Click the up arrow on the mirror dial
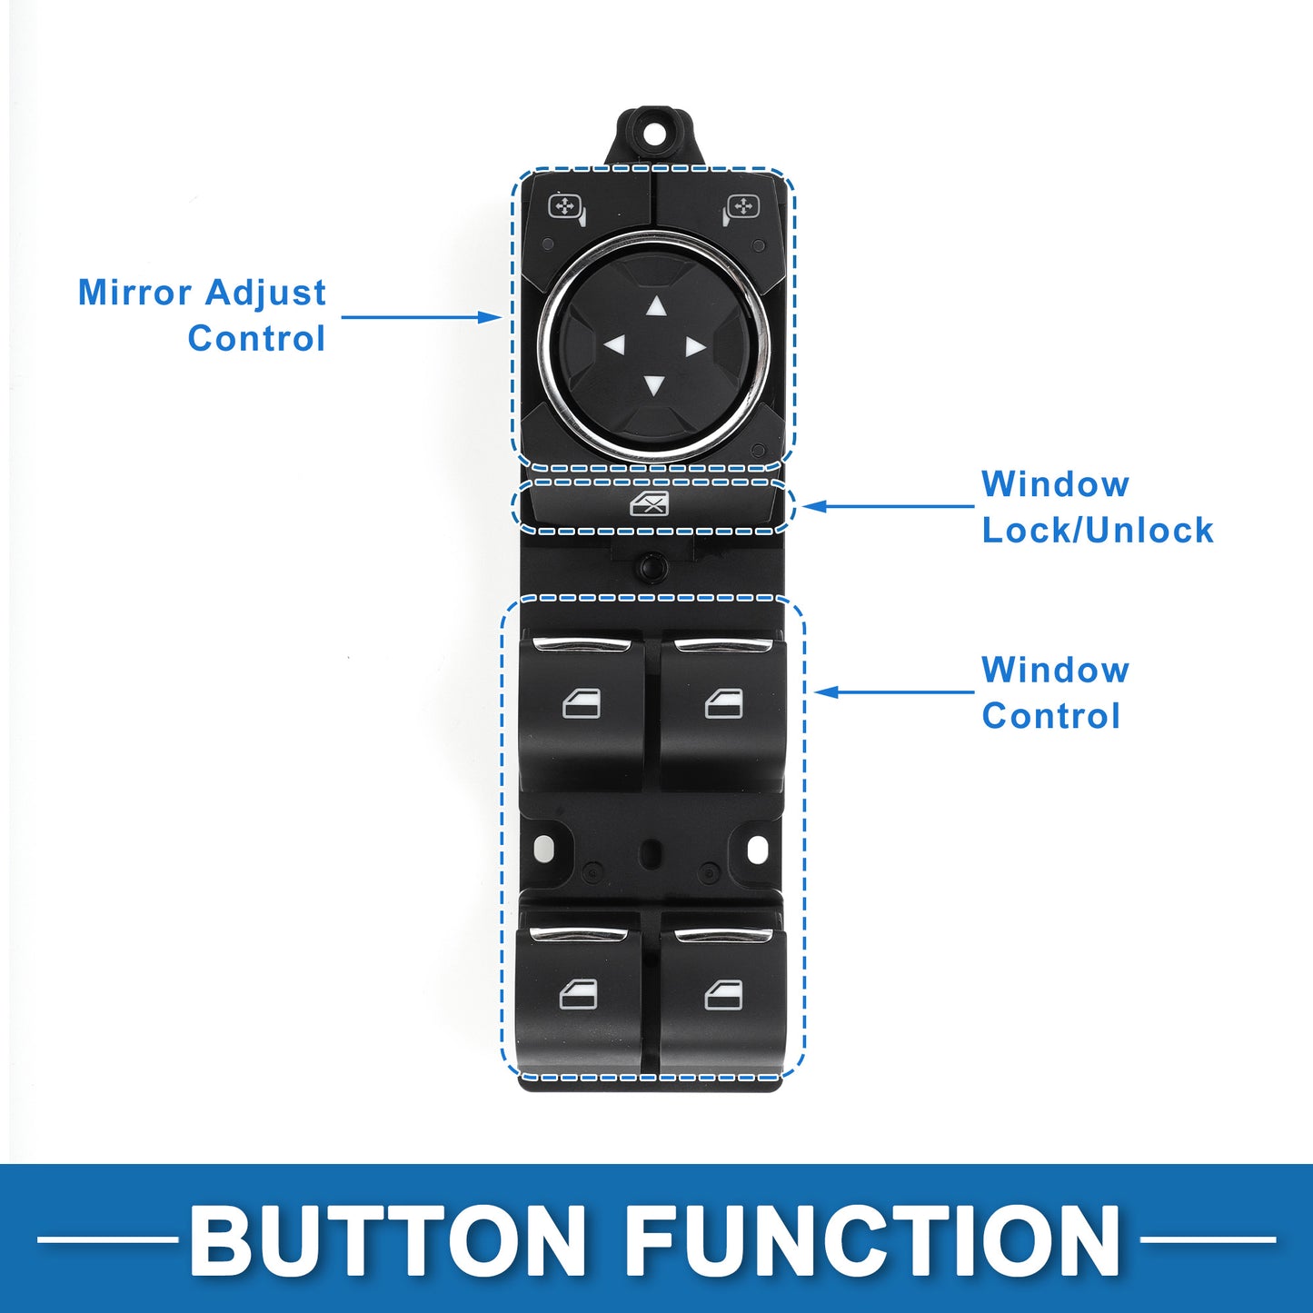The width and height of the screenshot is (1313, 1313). pyautogui.click(x=655, y=307)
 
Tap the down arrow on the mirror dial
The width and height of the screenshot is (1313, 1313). pyautogui.click(x=653, y=385)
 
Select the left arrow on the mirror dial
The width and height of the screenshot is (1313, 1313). pyautogui.click(x=615, y=345)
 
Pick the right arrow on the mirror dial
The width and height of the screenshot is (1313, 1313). pyautogui.click(x=695, y=347)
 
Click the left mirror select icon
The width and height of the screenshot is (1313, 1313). pyautogui.click(x=567, y=209)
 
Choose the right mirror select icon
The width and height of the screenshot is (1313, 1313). pyautogui.click(x=741, y=209)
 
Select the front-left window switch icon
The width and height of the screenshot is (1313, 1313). pyautogui.click(x=582, y=703)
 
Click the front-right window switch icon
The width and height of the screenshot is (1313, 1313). pyautogui.click(x=723, y=703)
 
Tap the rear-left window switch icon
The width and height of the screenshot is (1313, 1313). pyautogui.click(x=578, y=994)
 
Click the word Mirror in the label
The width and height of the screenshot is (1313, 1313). pyautogui.click(x=134, y=293)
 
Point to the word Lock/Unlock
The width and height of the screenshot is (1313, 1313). pyautogui.click(x=1098, y=530)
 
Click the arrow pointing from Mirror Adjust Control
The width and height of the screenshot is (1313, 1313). pyautogui.click(x=422, y=317)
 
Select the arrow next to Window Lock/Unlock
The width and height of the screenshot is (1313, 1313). pyautogui.click(x=888, y=506)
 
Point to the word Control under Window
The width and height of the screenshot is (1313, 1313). pyautogui.click(x=1050, y=716)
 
